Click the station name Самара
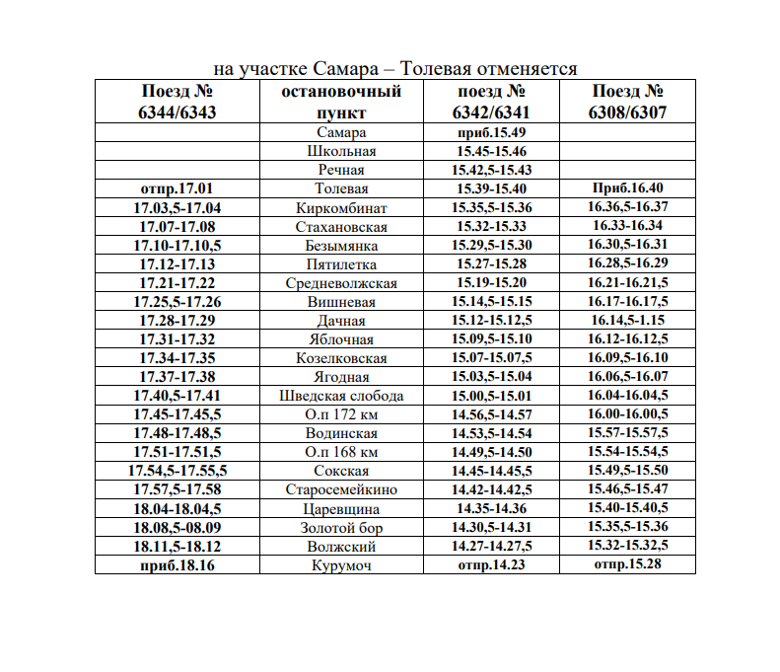point(342,132)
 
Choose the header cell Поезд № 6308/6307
point(627,102)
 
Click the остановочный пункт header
point(342,102)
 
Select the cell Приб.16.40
point(627,188)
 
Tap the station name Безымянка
point(342,245)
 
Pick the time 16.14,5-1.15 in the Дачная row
point(627,321)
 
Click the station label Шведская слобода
point(342,396)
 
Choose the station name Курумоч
point(342,565)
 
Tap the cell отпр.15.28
point(627,565)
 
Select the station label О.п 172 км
point(342,414)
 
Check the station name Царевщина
point(342,509)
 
